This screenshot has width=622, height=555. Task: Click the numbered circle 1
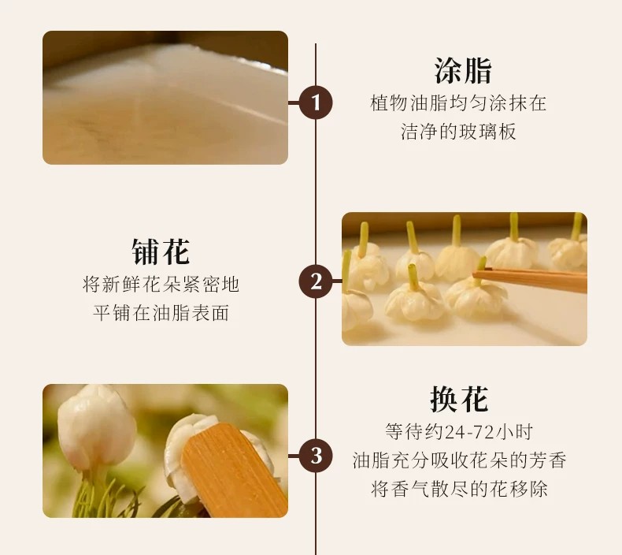(x=316, y=102)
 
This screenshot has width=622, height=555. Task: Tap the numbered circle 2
(x=316, y=281)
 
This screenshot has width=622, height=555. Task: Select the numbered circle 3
(x=316, y=456)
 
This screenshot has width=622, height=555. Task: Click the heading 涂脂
(x=462, y=71)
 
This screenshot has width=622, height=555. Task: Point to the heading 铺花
(x=161, y=251)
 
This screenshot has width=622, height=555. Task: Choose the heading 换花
(x=459, y=399)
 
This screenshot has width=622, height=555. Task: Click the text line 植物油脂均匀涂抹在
(x=458, y=103)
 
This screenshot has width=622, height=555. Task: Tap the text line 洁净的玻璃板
(x=458, y=132)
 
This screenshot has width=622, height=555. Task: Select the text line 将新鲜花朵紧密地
(x=161, y=284)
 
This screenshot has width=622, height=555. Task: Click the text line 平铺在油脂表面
(x=161, y=313)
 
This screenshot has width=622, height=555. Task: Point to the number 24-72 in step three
(x=469, y=432)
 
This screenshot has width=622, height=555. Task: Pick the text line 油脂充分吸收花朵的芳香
(x=459, y=460)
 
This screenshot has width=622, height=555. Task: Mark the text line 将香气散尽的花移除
(x=459, y=489)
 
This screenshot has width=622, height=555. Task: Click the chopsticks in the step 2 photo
(x=530, y=279)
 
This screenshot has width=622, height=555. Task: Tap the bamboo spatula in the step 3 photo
(x=234, y=471)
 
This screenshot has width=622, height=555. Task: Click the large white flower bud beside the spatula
(x=96, y=427)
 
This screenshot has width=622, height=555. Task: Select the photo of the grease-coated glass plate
(x=165, y=97)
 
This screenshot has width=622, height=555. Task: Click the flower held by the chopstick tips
(x=476, y=296)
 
